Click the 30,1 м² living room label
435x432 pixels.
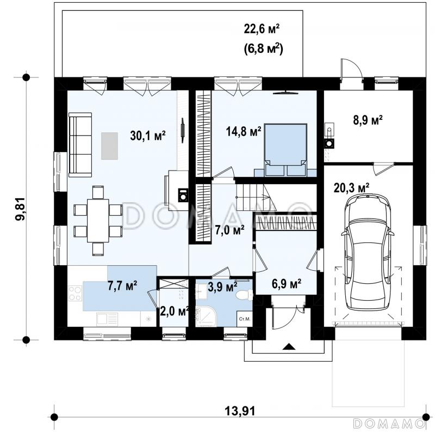[x=148, y=136]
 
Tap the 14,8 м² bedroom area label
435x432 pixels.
[x=244, y=131]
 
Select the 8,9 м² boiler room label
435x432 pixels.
[x=368, y=121]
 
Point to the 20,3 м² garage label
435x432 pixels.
[x=351, y=188]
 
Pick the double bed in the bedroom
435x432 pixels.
[x=286, y=150]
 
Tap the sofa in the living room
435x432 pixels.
[x=80, y=144]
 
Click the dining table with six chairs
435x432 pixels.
[x=98, y=221]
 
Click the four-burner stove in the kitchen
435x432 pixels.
[x=75, y=293]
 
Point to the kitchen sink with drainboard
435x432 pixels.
[x=107, y=319]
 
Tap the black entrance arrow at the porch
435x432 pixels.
[x=289, y=346]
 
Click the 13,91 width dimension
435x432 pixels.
[x=240, y=411]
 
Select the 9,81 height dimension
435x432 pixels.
[x=20, y=209]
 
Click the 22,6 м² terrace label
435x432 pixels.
[x=262, y=29]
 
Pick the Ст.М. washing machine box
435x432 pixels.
[x=244, y=319]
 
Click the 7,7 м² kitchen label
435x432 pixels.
[x=122, y=285]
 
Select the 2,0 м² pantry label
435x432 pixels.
[x=175, y=312]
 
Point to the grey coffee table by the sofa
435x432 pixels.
[x=110, y=146]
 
